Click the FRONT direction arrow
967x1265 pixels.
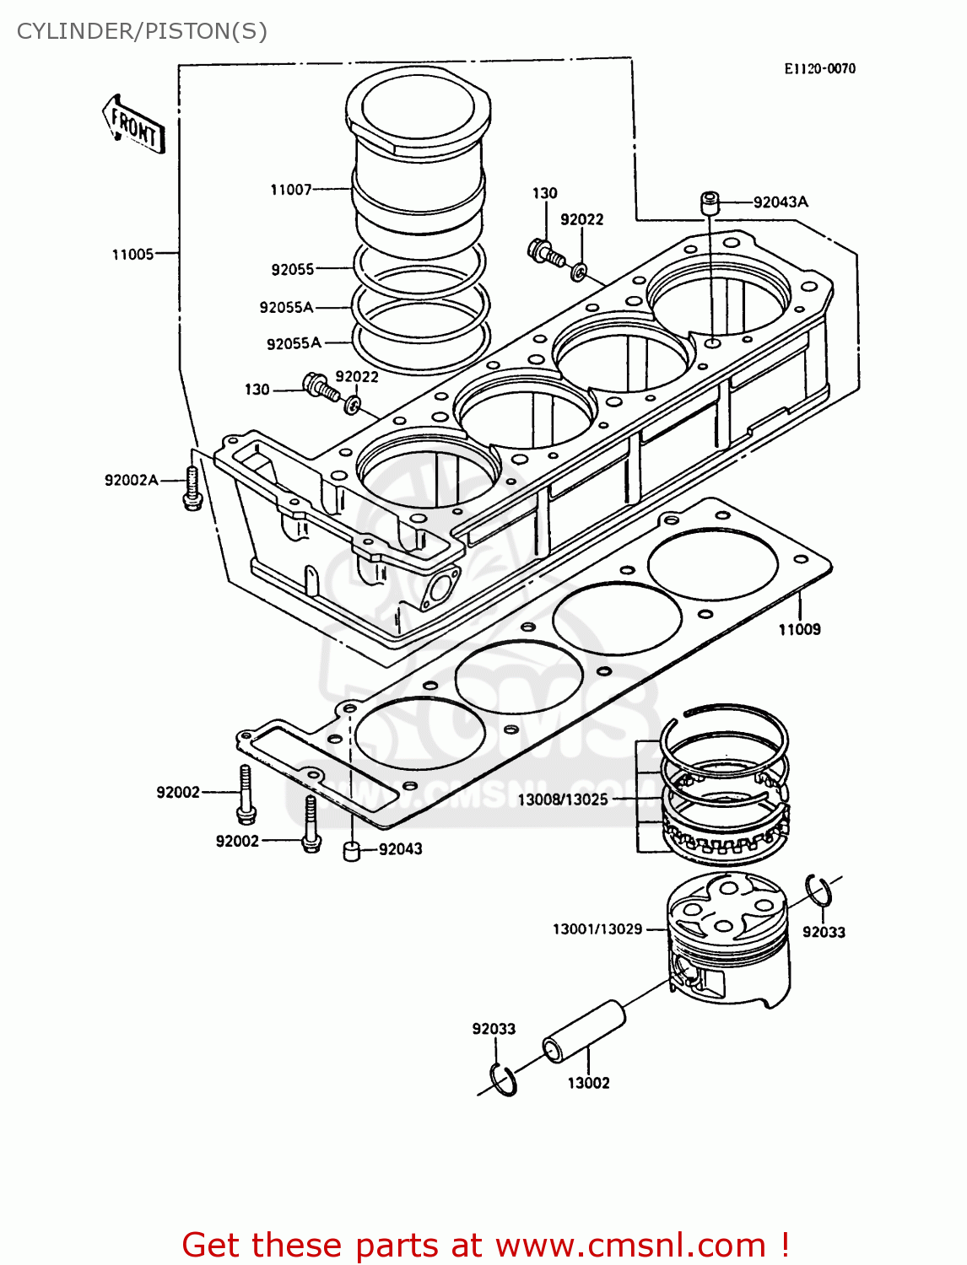(x=133, y=125)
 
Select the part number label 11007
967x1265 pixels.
(x=290, y=190)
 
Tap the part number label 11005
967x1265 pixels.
(x=132, y=254)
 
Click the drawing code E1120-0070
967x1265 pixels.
(x=819, y=69)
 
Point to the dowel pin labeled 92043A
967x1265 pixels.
(x=709, y=203)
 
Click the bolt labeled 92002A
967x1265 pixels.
(x=192, y=488)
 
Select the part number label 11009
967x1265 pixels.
(x=799, y=629)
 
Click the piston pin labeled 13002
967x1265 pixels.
(x=583, y=1032)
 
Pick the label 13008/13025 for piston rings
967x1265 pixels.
(x=562, y=799)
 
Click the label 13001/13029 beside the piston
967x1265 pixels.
(x=597, y=929)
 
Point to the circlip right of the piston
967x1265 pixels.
(x=818, y=891)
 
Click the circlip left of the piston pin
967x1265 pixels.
(x=503, y=1080)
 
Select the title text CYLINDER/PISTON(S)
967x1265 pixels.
(x=142, y=31)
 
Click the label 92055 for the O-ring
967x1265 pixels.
(x=292, y=269)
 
